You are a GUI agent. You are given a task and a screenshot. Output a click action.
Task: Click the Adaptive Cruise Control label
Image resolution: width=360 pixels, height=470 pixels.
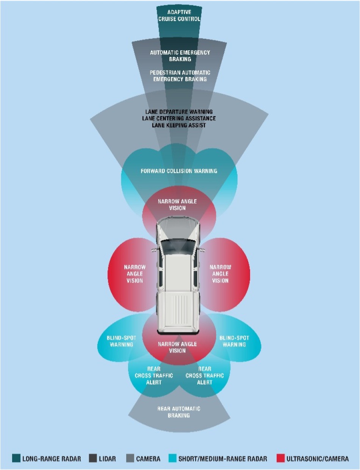179,16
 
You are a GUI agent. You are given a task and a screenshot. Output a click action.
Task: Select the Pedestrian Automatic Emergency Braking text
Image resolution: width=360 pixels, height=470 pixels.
180,75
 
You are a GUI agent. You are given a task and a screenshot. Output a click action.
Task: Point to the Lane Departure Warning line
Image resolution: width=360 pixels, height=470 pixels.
179,112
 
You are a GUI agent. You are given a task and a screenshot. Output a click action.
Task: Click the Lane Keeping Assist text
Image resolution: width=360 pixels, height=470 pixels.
179,125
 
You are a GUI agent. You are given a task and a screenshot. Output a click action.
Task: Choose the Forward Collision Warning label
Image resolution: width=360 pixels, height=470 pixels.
179,171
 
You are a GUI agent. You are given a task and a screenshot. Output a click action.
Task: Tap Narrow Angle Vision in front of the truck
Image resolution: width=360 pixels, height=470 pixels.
177,205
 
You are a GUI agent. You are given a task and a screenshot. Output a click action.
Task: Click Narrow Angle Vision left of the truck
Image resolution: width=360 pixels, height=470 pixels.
135,274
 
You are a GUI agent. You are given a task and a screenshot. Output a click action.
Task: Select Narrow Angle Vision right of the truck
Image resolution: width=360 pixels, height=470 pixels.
220,274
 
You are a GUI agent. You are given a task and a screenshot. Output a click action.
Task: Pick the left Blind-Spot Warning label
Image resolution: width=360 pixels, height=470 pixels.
122,341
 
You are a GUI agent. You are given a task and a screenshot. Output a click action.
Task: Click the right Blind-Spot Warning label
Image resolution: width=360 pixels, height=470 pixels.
233,341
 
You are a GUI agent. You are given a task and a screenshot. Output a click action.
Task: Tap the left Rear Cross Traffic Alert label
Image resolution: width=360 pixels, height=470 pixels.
154,376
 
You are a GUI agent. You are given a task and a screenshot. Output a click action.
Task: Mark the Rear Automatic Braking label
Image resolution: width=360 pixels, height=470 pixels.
179,412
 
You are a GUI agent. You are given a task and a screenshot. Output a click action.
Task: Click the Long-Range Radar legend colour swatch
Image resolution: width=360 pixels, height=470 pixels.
16,459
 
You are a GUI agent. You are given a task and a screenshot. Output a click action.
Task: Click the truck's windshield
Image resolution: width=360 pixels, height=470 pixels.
178,244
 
